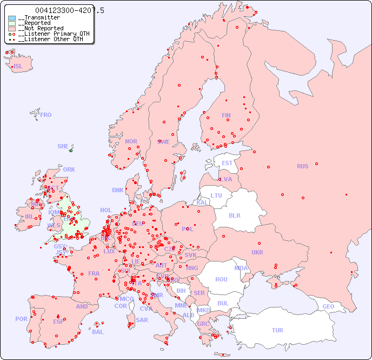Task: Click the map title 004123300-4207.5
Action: tap(70, 10)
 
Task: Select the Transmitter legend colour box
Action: tap(12, 18)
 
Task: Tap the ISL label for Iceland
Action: tap(18, 67)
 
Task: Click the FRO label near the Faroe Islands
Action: tap(46, 115)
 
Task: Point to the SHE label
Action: tap(63, 146)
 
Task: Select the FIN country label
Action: tap(226, 115)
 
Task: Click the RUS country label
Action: tap(302, 166)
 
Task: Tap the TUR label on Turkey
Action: tap(277, 330)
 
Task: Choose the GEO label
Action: tap(328, 306)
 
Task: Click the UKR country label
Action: tap(257, 252)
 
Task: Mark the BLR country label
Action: tap(234, 215)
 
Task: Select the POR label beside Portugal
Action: tap(21, 319)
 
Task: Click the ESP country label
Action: tap(58, 322)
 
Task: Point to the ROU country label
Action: tap(221, 279)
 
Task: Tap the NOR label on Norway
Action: tap(131, 141)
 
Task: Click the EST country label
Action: tap(227, 163)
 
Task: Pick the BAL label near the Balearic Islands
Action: tap(98, 332)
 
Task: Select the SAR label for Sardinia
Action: tap(142, 320)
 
